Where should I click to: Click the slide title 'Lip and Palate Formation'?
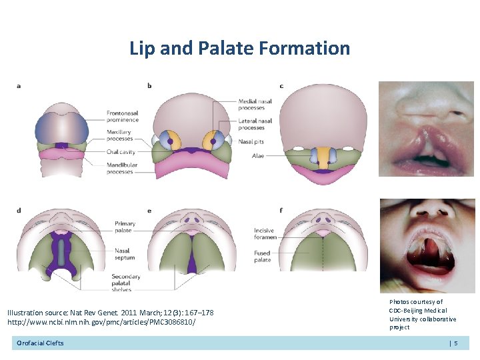[x=239, y=48]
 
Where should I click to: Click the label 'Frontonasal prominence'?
[x=123, y=117]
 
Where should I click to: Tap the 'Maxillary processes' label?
[x=120, y=135]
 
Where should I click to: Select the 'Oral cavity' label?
[x=121, y=151]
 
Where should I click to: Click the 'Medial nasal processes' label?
[x=251, y=105]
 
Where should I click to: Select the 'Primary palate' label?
[x=125, y=227]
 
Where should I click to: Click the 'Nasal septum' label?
[x=125, y=254]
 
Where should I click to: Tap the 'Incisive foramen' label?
[x=264, y=234]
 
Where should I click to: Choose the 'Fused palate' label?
[x=263, y=257]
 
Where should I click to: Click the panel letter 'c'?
[x=281, y=85]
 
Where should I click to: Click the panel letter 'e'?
[x=149, y=211]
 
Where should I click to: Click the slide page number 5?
[x=456, y=343]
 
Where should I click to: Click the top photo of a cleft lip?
[x=426, y=129]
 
